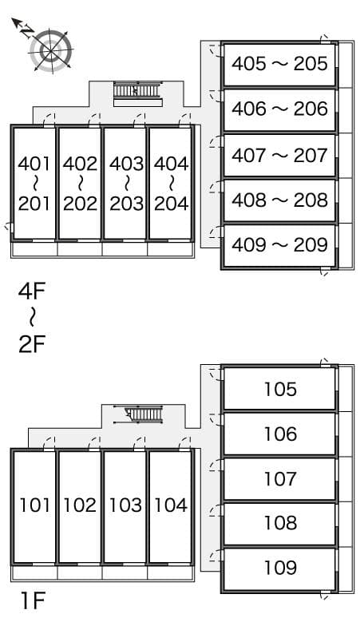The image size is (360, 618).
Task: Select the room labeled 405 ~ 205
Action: pyautogui.click(x=279, y=63)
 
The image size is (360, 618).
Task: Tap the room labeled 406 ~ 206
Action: pyautogui.click(x=279, y=109)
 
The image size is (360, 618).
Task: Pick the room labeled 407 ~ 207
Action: pyautogui.click(x=279, y=154)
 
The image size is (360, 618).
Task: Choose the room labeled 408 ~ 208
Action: pyautogui.click(x=279, y=200)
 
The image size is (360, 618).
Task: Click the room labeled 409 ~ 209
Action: pyautogui.click(x=279, y=244)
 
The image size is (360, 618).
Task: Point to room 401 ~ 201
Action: pyautogui.click(x=34, y=184)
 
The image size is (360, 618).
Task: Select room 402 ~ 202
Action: pyautogui.click(x=80, y=184)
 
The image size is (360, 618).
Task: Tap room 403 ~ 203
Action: pyautogui.click(x=126, y=184)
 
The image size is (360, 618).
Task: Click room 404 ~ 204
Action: pyautogui.click(x=171, y=184)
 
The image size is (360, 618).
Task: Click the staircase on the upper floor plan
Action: pyautogui.click(x=137, y=92)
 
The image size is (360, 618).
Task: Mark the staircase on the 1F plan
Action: pyautogui.click(x=139, y=415)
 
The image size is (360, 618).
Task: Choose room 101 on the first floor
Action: pyautogui.click(x=34, y=505)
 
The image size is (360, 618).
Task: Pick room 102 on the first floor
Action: pyautogui.click(x=80, y=505)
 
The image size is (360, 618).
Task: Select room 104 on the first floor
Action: pyautogui.click(x=171, y=505)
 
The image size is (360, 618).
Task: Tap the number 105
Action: pyautogui.click(x=279, y=390)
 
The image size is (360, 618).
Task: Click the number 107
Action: pyautogui.click(x=279, y=479)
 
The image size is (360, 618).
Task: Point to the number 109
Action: pyautogui.click(x=279, y=568)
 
